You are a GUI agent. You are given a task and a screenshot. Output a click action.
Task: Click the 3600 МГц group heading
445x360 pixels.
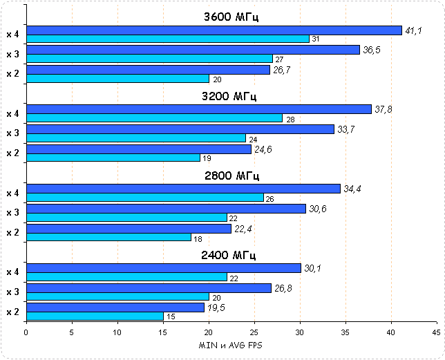pos(231,17)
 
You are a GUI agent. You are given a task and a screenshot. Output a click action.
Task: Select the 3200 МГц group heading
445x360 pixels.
pos(231,96)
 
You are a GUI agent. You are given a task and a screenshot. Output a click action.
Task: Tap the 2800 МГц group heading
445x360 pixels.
pos(231,176)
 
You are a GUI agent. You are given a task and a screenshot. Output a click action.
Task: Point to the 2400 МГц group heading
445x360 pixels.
pos(231,255)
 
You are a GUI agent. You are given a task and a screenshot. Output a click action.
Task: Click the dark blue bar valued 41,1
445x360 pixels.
pos(214,30)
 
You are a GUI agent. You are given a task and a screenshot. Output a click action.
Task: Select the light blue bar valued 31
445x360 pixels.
pos(167,39)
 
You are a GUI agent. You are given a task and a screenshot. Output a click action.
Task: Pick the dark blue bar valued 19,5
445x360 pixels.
pos(115,307)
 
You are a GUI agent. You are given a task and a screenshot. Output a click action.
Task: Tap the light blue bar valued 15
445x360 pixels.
pos(95,316)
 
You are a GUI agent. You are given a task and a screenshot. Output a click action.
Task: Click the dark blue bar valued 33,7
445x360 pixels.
pos(180,129)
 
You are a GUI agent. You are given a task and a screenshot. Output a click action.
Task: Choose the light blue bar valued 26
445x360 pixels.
pos(144,198)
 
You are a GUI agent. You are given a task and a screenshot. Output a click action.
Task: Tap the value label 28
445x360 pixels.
pos(290,120)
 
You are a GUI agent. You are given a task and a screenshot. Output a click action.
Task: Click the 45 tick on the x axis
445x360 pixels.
pos(435,332)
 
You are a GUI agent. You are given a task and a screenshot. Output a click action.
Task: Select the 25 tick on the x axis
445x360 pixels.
pos(254,332)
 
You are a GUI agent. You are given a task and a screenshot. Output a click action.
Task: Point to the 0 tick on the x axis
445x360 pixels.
pos(26,332)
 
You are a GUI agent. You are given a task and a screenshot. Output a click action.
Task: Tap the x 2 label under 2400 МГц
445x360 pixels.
pos(12,312)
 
